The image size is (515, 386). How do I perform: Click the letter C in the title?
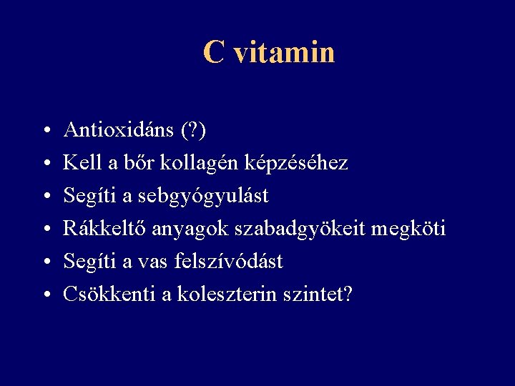(x=213, y=52)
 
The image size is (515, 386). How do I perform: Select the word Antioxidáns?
(x=119, y=130)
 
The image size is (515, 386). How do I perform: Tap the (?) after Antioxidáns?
(x=193, y=130)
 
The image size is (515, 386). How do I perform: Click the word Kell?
(x=81, y=163)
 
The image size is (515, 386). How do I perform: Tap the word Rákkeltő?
(x=105, y=229)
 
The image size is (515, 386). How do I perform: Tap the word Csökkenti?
(x=109, y=295)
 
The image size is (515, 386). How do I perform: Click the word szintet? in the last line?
(x=319, y=295)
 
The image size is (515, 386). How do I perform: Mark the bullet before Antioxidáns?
(x=45, y=132)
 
